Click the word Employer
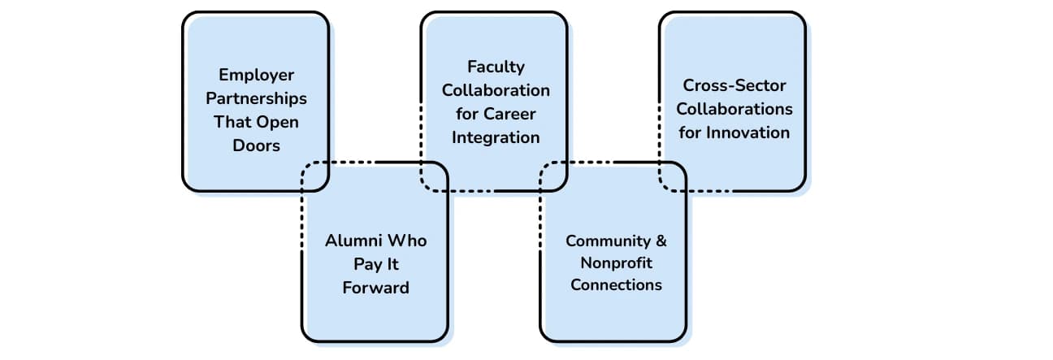(x=256, y=75)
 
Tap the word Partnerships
(x=256, y=98)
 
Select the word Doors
(x=256, y=145)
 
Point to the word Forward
(x=375, y=288)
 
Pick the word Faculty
(x=496, y=67)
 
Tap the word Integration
(x=496, y=137)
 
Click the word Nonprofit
(x=616, y=263)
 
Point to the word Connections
(x=616, y=285)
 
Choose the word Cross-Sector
(x=734, y=85)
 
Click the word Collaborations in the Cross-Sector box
(x=734, y=108)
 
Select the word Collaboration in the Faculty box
(x=496, y=90)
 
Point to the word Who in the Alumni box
(x=406, y=241)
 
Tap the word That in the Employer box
(x=232, y=122)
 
